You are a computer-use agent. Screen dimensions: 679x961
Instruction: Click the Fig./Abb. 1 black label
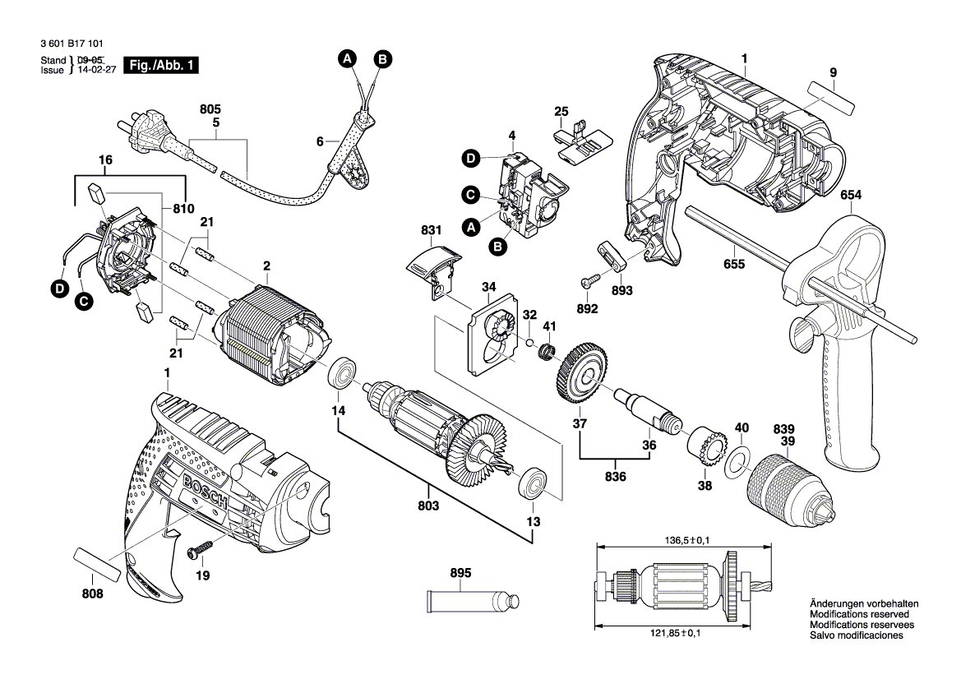pos(160,65)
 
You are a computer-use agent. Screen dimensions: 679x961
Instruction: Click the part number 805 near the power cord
pos(211,109)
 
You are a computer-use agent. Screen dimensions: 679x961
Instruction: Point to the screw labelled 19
pos(201,546)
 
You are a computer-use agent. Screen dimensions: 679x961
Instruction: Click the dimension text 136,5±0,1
pos(684,539)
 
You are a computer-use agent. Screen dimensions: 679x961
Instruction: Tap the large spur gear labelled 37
pos(584,376)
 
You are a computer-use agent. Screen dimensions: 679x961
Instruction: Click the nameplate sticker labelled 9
pos(831,97)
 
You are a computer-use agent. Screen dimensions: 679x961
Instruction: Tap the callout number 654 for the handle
pos(852,195)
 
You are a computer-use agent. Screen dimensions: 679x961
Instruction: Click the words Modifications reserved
pos(859,615)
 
